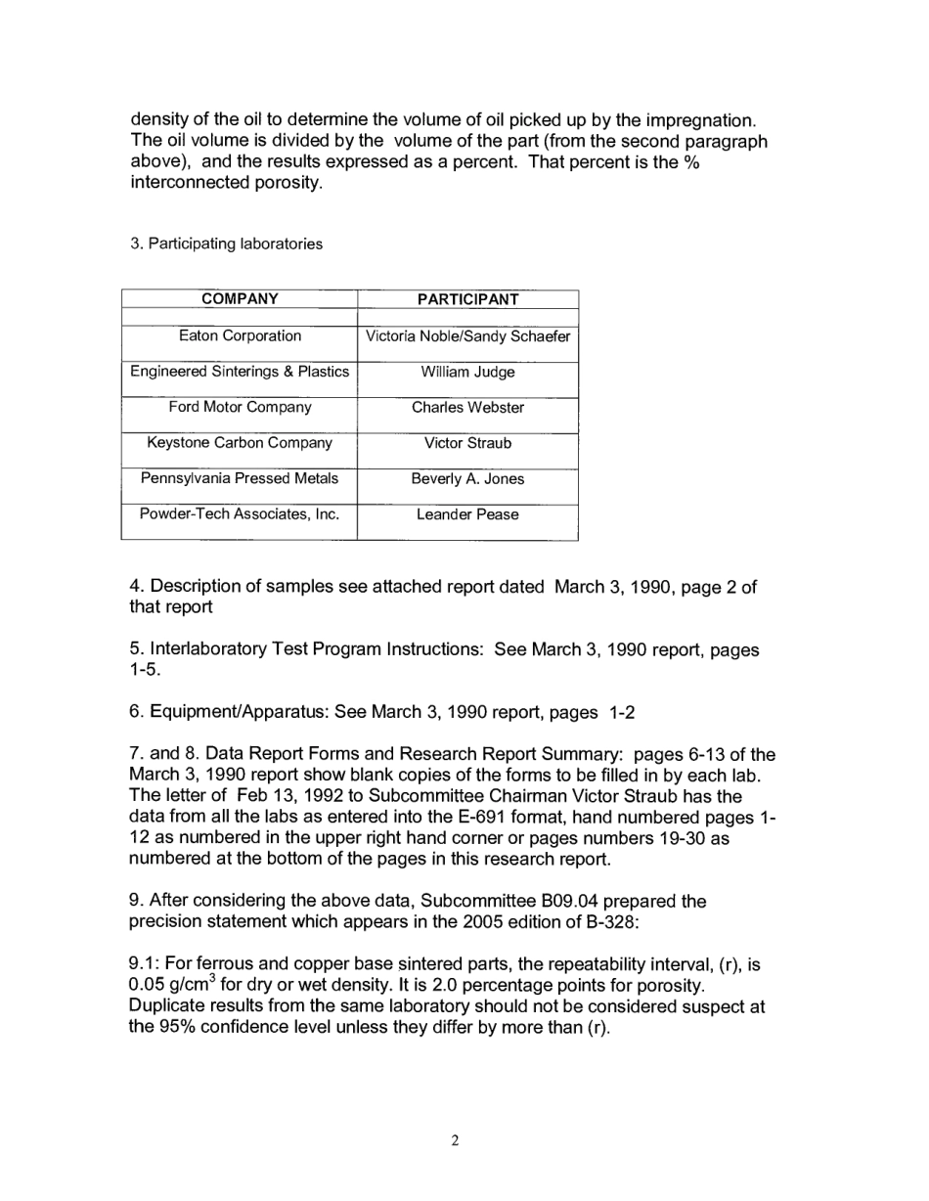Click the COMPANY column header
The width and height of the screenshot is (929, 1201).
click(240, 299)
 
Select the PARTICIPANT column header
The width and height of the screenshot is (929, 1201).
click(467, 299)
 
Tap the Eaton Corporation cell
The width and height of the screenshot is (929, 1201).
click(240, 335)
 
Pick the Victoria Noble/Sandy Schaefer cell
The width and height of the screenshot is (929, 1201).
click(467, 336)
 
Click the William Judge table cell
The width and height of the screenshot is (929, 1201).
click(467, 372)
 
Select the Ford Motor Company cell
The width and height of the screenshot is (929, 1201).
click(240, 407)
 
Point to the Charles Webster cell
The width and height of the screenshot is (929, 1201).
click(467, 408)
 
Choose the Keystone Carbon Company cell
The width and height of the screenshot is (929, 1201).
click(240, 443)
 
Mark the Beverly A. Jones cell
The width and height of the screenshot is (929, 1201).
click(467, 479)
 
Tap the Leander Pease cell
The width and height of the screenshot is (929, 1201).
click(467, 514)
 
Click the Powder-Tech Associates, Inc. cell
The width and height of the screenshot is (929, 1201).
click(240, 514)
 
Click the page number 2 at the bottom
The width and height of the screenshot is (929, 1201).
click(455, 1140)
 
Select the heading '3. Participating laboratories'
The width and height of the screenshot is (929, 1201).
click(226, 244)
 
